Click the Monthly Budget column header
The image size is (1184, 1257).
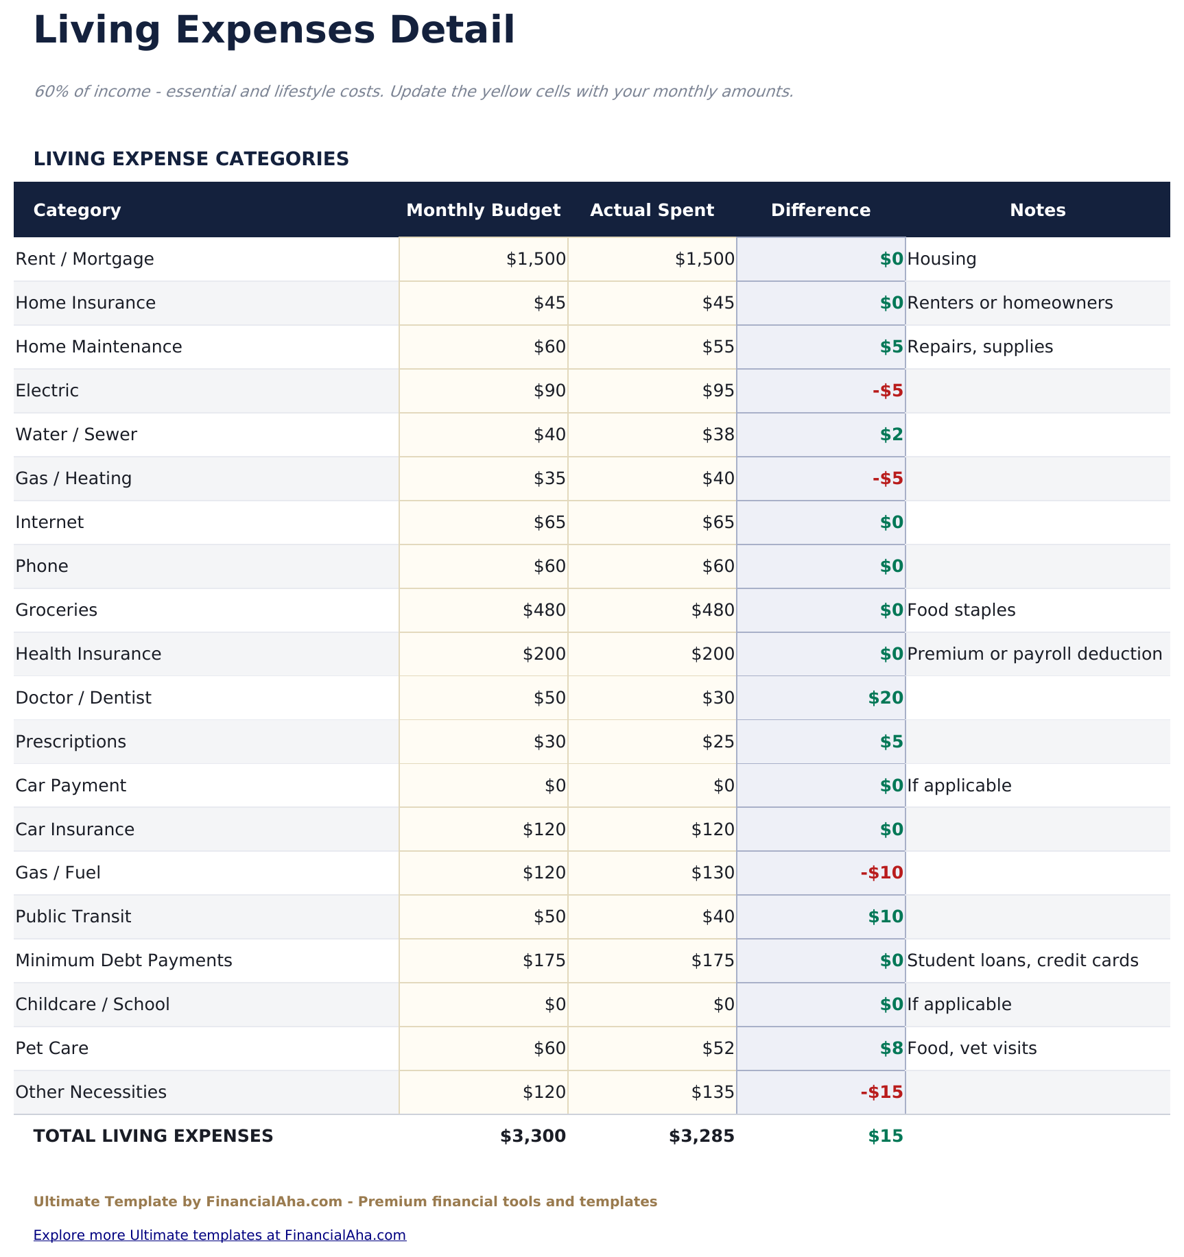click(483, 210)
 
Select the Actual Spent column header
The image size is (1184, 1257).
click(652, 210)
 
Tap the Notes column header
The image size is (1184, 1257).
click(1037, 210)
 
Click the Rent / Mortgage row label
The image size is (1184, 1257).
click(84, 259)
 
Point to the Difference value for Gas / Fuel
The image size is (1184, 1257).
click(881, 873)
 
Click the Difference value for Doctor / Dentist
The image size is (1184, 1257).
click(886, 698)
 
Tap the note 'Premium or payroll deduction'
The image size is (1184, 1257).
click(1034, 654)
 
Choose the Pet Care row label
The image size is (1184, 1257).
click(52, 1049)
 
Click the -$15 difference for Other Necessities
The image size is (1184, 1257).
click(881, 1092)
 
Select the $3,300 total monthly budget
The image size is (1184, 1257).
click(533, 1136)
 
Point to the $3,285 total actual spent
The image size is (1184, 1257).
click(702, 1136)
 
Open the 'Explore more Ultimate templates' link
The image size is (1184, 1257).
click(220, 1235)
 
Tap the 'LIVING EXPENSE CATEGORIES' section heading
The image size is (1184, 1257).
click(191, 159)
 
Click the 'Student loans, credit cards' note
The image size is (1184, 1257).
click(1022, 961)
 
